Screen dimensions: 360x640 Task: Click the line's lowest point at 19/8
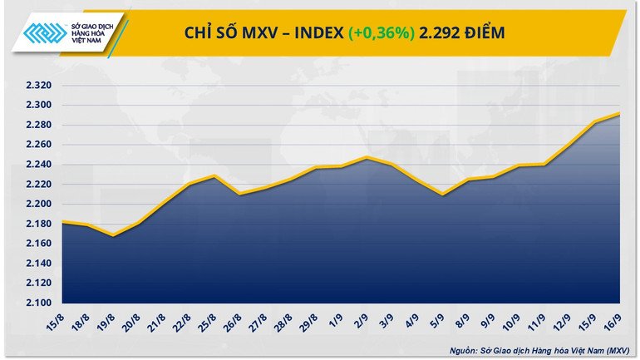click(x=113, y=235)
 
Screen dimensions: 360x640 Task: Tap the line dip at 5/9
click(x=442, y=195)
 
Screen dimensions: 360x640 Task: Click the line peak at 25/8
click(x=214, y=175)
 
